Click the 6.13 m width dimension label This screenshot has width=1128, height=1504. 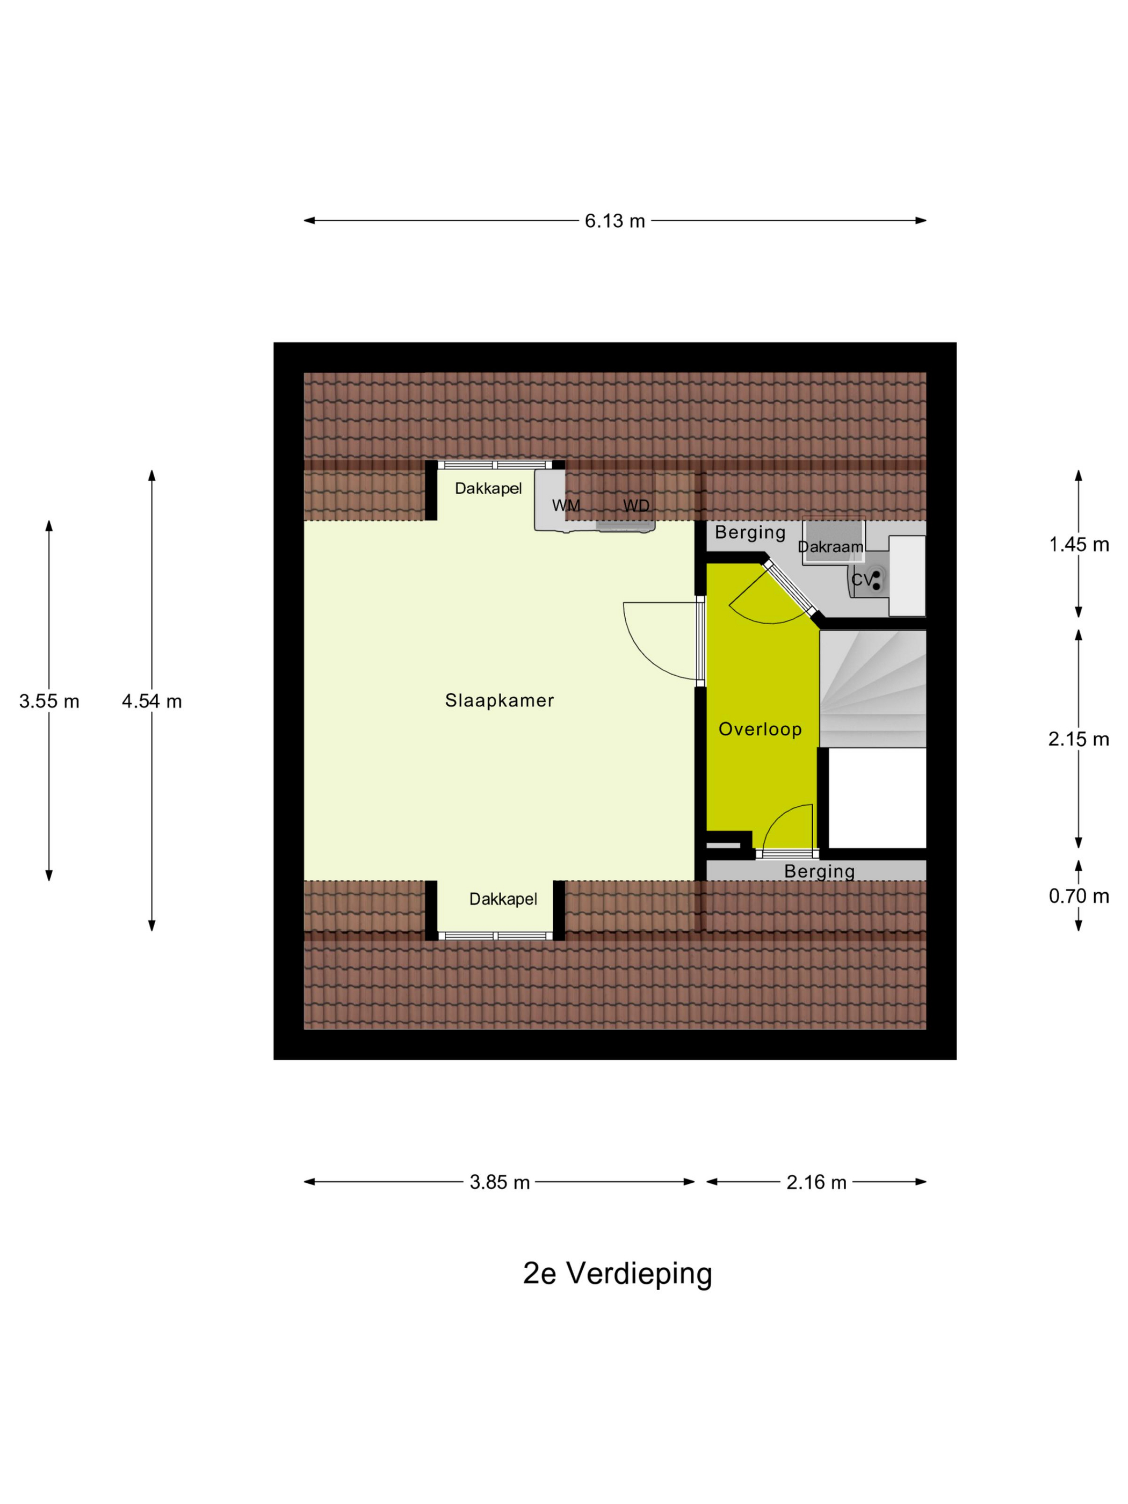(614, 221)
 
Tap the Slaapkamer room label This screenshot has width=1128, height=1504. (499, 700)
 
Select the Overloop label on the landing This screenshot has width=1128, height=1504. (760, 729)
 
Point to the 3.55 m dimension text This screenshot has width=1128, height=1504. (49, 701)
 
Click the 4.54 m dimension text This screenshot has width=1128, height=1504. (151, 701)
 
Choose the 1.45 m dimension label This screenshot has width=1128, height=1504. (1079, 544)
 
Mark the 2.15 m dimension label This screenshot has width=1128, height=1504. (1079, 739)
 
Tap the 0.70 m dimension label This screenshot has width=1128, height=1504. (1079, 896)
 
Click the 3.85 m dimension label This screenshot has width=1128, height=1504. (499, 1182)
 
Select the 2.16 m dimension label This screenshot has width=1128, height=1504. (816, 1182)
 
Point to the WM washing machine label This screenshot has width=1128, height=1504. (566, 506)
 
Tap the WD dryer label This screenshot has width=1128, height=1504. (636, 506)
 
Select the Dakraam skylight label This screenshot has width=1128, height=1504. (830, 547)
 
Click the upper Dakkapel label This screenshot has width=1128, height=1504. (488, 488)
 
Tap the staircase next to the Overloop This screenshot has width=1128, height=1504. (872, 689)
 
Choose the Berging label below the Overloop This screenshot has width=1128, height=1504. (819, 872)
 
